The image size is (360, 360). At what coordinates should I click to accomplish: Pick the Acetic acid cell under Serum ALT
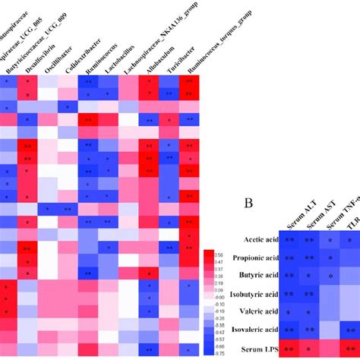[x=291, y=239]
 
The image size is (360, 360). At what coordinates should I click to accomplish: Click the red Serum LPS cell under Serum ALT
[x=291, y=349]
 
